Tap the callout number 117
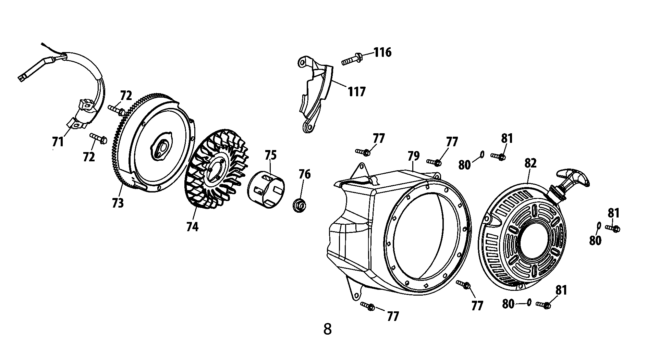click(357, 91)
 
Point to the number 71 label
click(58, 142)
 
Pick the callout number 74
click(192, 226)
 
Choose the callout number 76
click(304, 174)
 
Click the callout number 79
click(414, 156)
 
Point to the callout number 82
click(530, 163)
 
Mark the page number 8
click(328, 329)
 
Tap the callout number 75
click(270, 155)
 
